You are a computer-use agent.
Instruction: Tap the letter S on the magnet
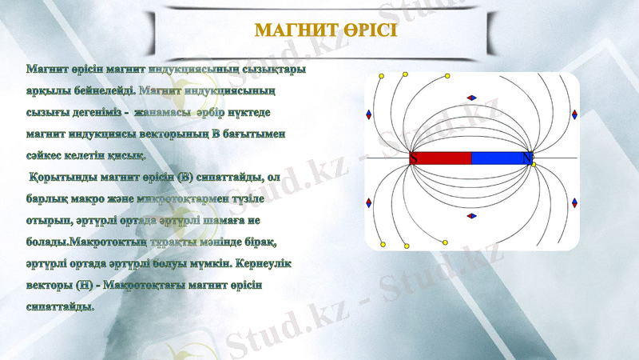coord(414,158)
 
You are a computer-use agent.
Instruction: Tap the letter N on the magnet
coord(527,158)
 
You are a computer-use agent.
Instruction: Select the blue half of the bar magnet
coord(500,158)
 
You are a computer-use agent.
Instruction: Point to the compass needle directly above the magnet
coord(471,98)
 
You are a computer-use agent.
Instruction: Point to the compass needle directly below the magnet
coord(471,215)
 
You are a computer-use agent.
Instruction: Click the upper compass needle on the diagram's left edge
coord(368,114)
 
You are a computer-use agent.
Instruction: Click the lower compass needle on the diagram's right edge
coord(574,202)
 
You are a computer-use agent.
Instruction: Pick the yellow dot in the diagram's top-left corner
coord(382,76)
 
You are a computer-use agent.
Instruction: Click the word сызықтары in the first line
coord(264,70)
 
